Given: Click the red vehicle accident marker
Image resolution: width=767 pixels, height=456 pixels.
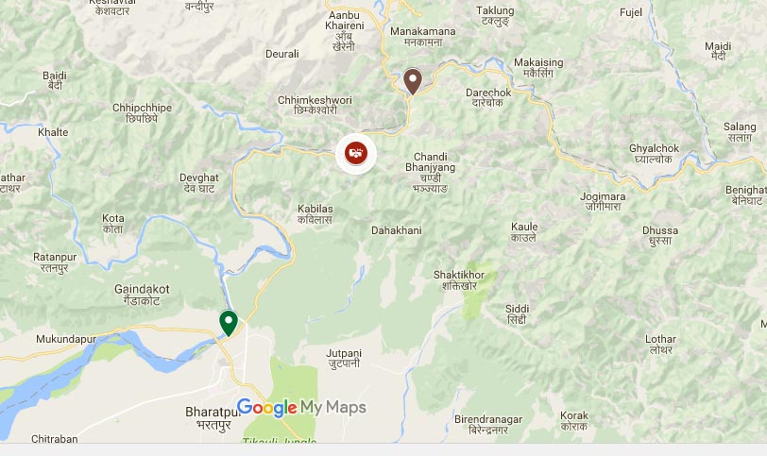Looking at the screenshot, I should pyautogui.click(x=356, y=152).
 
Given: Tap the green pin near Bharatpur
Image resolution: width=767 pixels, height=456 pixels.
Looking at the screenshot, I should pyautogui.click(x=228, y=323).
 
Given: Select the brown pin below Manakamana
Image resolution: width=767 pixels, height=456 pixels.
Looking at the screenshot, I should pyautogui.click(x=412, y=81).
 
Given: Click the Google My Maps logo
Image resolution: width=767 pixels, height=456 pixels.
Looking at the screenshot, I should pyautogui.click(x=301, y=408).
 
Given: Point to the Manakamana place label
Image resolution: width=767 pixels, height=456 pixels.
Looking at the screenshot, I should pyautogui.click(x=422, y=37).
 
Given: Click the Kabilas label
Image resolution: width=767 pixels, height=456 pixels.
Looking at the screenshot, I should pyautogui.click(x=315, y=212).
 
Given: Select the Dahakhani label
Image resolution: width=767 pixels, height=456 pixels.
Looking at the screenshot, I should pyautogui.click(x=397, y=229).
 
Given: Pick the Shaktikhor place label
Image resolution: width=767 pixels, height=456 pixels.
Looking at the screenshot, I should pyautogui.click(x=459, y=280).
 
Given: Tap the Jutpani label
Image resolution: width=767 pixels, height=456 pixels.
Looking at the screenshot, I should pyautogui.click(x=344, y=357).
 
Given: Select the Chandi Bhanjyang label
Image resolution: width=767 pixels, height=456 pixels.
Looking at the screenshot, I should pyautogui.click(x=435, y=172).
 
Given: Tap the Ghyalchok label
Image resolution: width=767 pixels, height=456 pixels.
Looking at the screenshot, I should pyautogui.click(x=656, y=154).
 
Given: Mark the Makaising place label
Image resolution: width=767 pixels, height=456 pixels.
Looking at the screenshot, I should pyautogui.click(x=538, y=68).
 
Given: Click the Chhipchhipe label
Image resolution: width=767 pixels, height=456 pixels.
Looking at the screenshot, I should pyautogui.click(x=142, y=112).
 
